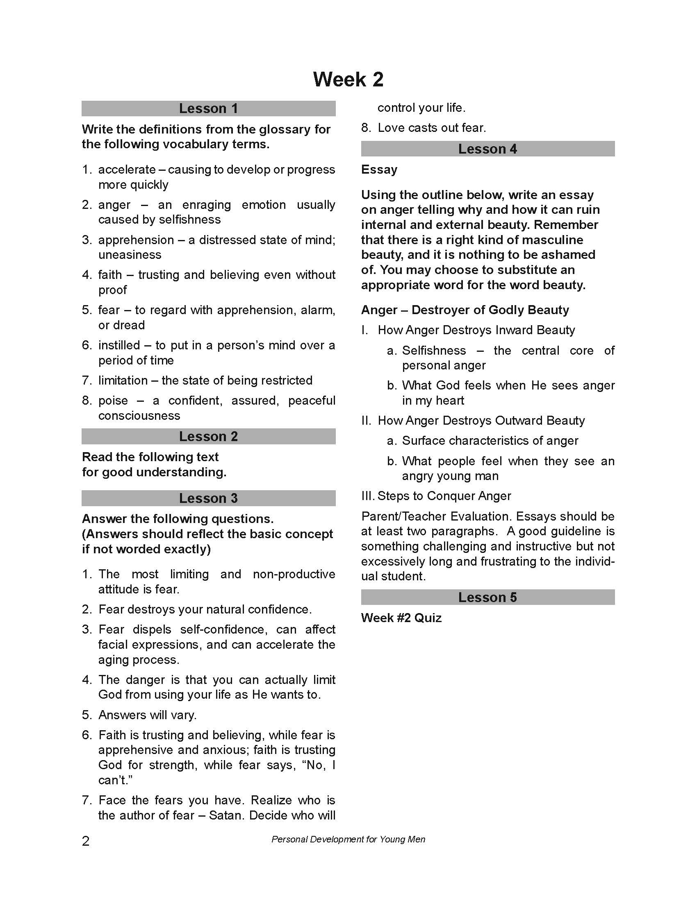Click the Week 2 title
(x=348, y=79)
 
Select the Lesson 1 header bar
(x=209, y=109)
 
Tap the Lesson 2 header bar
(x=209, y=437)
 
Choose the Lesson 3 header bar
(x=209, y=498)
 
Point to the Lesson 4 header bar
(x=487, y=149)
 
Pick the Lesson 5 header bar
(x=487, y=598)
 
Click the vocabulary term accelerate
(x=127, y=170)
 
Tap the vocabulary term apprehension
(x=136, y=240)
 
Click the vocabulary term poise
(x=113, y=401)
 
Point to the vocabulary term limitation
(x=123, y=380)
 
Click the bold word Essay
(x=379, y=170)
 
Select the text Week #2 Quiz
(x=401, y=618)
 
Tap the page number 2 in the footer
(x=85, y=841)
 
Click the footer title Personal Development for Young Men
(x=348, y=840)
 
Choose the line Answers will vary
(x=148, y=715)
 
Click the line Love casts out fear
(x=432, y=128)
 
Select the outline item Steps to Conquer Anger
(x=444, y=496)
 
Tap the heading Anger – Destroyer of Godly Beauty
(x=465, y=310)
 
